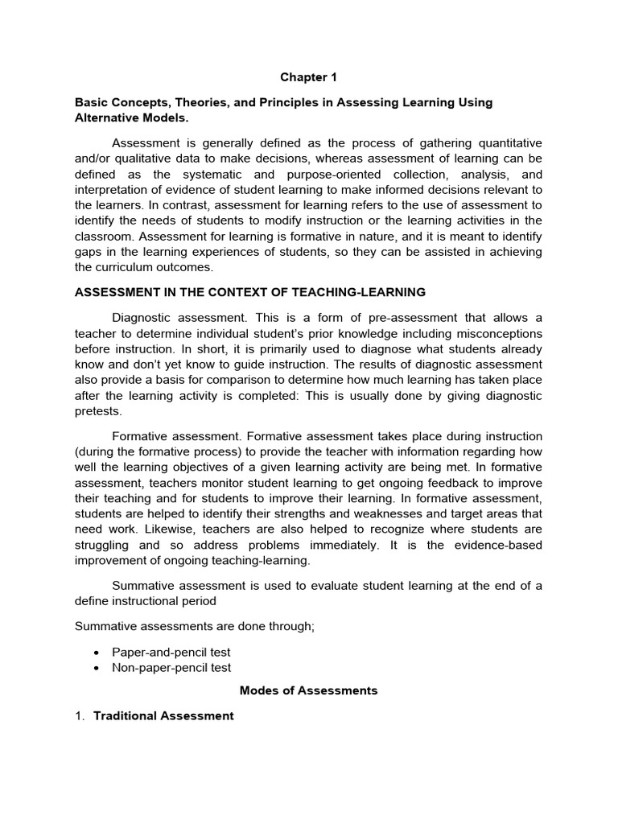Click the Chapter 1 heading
pyautogui.click(x=309, y=77)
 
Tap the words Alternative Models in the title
pyautogui.click(x=131, y=118)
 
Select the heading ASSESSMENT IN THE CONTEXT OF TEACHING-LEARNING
pyautogui.click(x=249, y=292)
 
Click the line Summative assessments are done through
pyautogui.click(x=194, y=626)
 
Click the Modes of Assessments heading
pyautogui.click(x=309, y=690)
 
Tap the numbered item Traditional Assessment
pyautogui.click(x=163, y=715)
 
